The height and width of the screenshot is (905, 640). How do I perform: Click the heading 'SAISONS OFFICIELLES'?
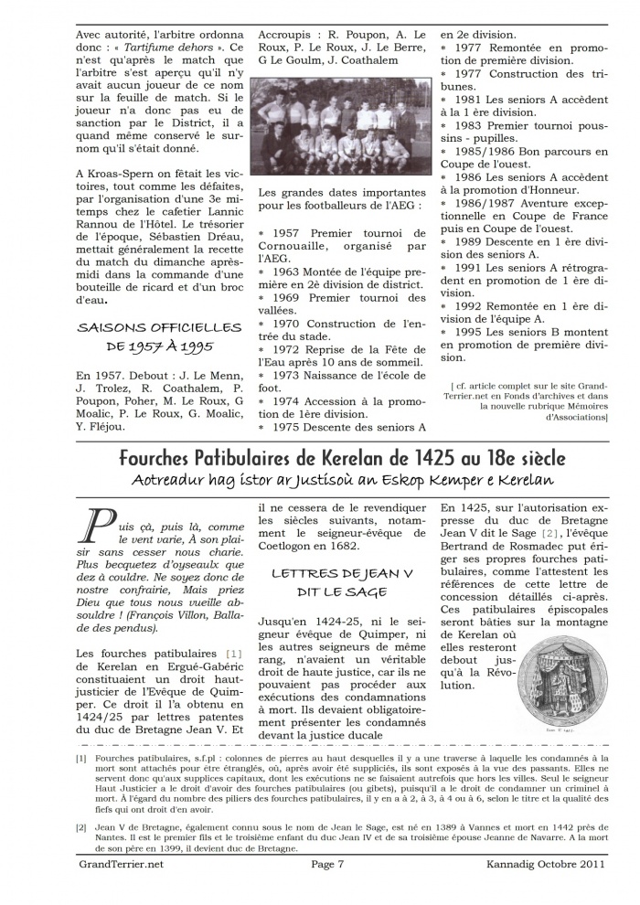(x=160, y=327)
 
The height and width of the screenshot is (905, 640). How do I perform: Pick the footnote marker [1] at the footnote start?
(x=82, y=759)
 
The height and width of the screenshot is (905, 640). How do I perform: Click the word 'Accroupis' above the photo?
(x=287, y=32)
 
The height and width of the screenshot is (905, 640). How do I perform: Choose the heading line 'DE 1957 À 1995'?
(x=160, y=347)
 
